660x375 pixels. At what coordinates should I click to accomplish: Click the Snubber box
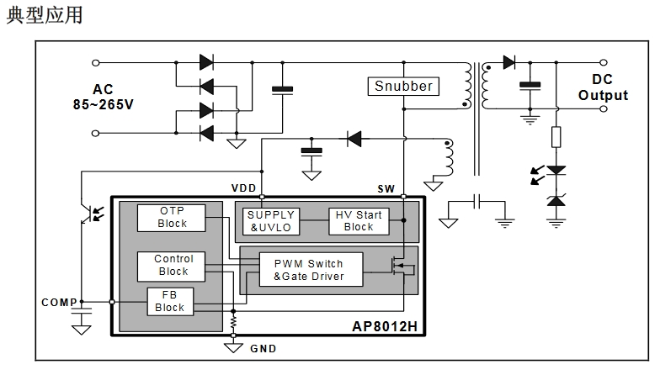click(403, 86)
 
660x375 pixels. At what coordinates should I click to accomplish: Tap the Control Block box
click(173, 265)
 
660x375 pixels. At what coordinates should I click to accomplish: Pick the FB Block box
click(170, 301)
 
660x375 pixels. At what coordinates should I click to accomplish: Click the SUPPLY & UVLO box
click(270, 220)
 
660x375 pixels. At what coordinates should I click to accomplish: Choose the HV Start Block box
click(358, 220)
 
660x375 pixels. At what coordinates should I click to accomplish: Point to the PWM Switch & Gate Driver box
click(309, 271)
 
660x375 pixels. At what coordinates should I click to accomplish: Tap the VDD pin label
click(244, 187)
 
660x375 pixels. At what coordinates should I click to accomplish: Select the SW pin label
click(386, 187)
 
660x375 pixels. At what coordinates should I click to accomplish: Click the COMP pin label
click(59, 302)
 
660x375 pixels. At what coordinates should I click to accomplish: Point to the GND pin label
click(263, 348)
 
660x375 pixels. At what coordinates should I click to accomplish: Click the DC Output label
click(602, 87)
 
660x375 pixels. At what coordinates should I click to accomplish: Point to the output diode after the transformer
click(508, 61)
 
